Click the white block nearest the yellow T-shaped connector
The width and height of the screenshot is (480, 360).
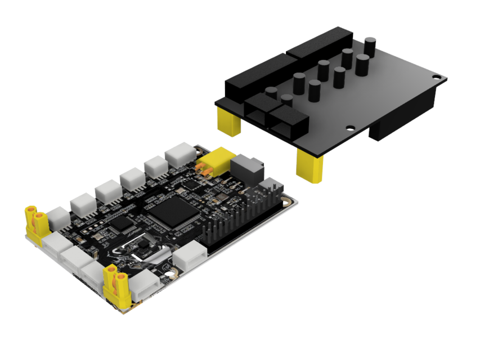[180, 153]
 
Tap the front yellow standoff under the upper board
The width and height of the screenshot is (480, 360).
[310, 166]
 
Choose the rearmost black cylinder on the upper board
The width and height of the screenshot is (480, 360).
[370, 46]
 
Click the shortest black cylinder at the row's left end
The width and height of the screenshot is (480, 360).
[271, 93]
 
